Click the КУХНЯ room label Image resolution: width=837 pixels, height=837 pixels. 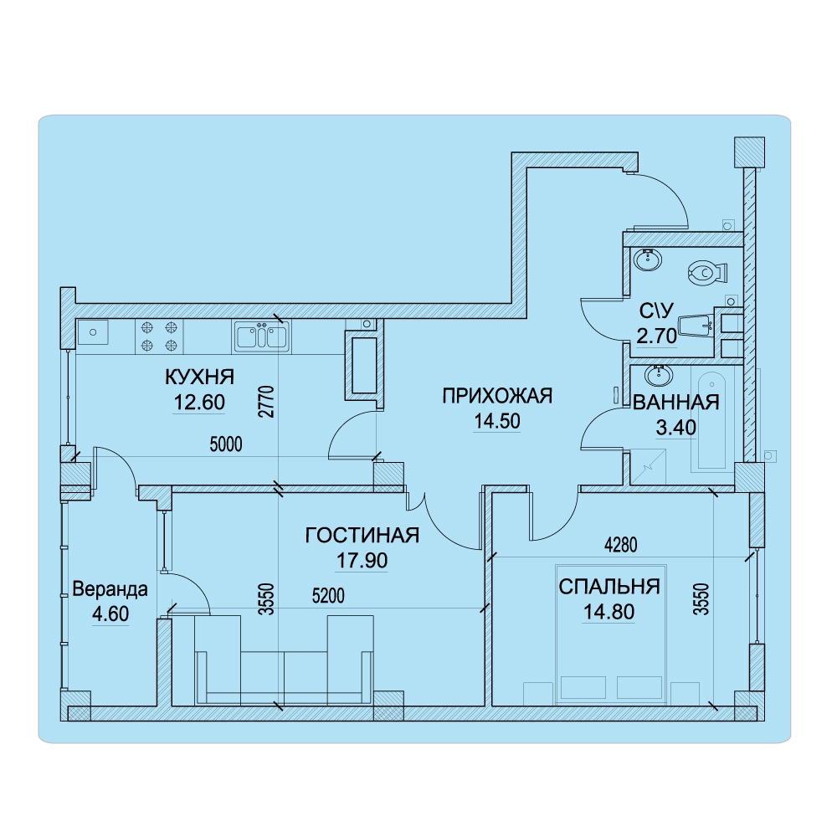click(x=200, y=377)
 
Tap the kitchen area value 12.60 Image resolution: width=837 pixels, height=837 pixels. click(x=200, y=402)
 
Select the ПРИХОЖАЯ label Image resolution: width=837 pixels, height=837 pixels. click(x=497, y=396)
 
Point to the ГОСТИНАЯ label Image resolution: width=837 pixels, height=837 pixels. click(x=362, y=535)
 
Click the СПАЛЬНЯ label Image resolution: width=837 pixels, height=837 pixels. click(x=609, y=587)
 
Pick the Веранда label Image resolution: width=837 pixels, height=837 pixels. click(x=110, y=589)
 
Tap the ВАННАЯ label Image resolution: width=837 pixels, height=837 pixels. click(x=675, y=402)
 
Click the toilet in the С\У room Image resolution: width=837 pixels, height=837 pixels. click(x=708, y=272)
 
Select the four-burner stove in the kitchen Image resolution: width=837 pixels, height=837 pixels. click(x=159, y=336)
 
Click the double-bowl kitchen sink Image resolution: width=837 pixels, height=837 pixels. click(x=261, y=336)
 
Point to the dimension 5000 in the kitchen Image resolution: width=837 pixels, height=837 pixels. click(x=226, y=444)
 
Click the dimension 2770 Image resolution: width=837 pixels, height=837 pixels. click(x=266, y=402)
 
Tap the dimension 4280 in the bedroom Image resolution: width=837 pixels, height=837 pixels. click(x=621, y=545)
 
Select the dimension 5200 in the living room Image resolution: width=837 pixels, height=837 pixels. click(x=328, y=596)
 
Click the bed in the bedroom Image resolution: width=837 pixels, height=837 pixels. click(x=611, y=634)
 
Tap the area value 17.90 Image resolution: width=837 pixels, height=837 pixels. click(x=362, y=561)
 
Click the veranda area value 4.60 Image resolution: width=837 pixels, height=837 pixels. click(x=110, y=614)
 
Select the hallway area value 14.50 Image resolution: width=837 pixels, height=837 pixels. click(x=497, y=421)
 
